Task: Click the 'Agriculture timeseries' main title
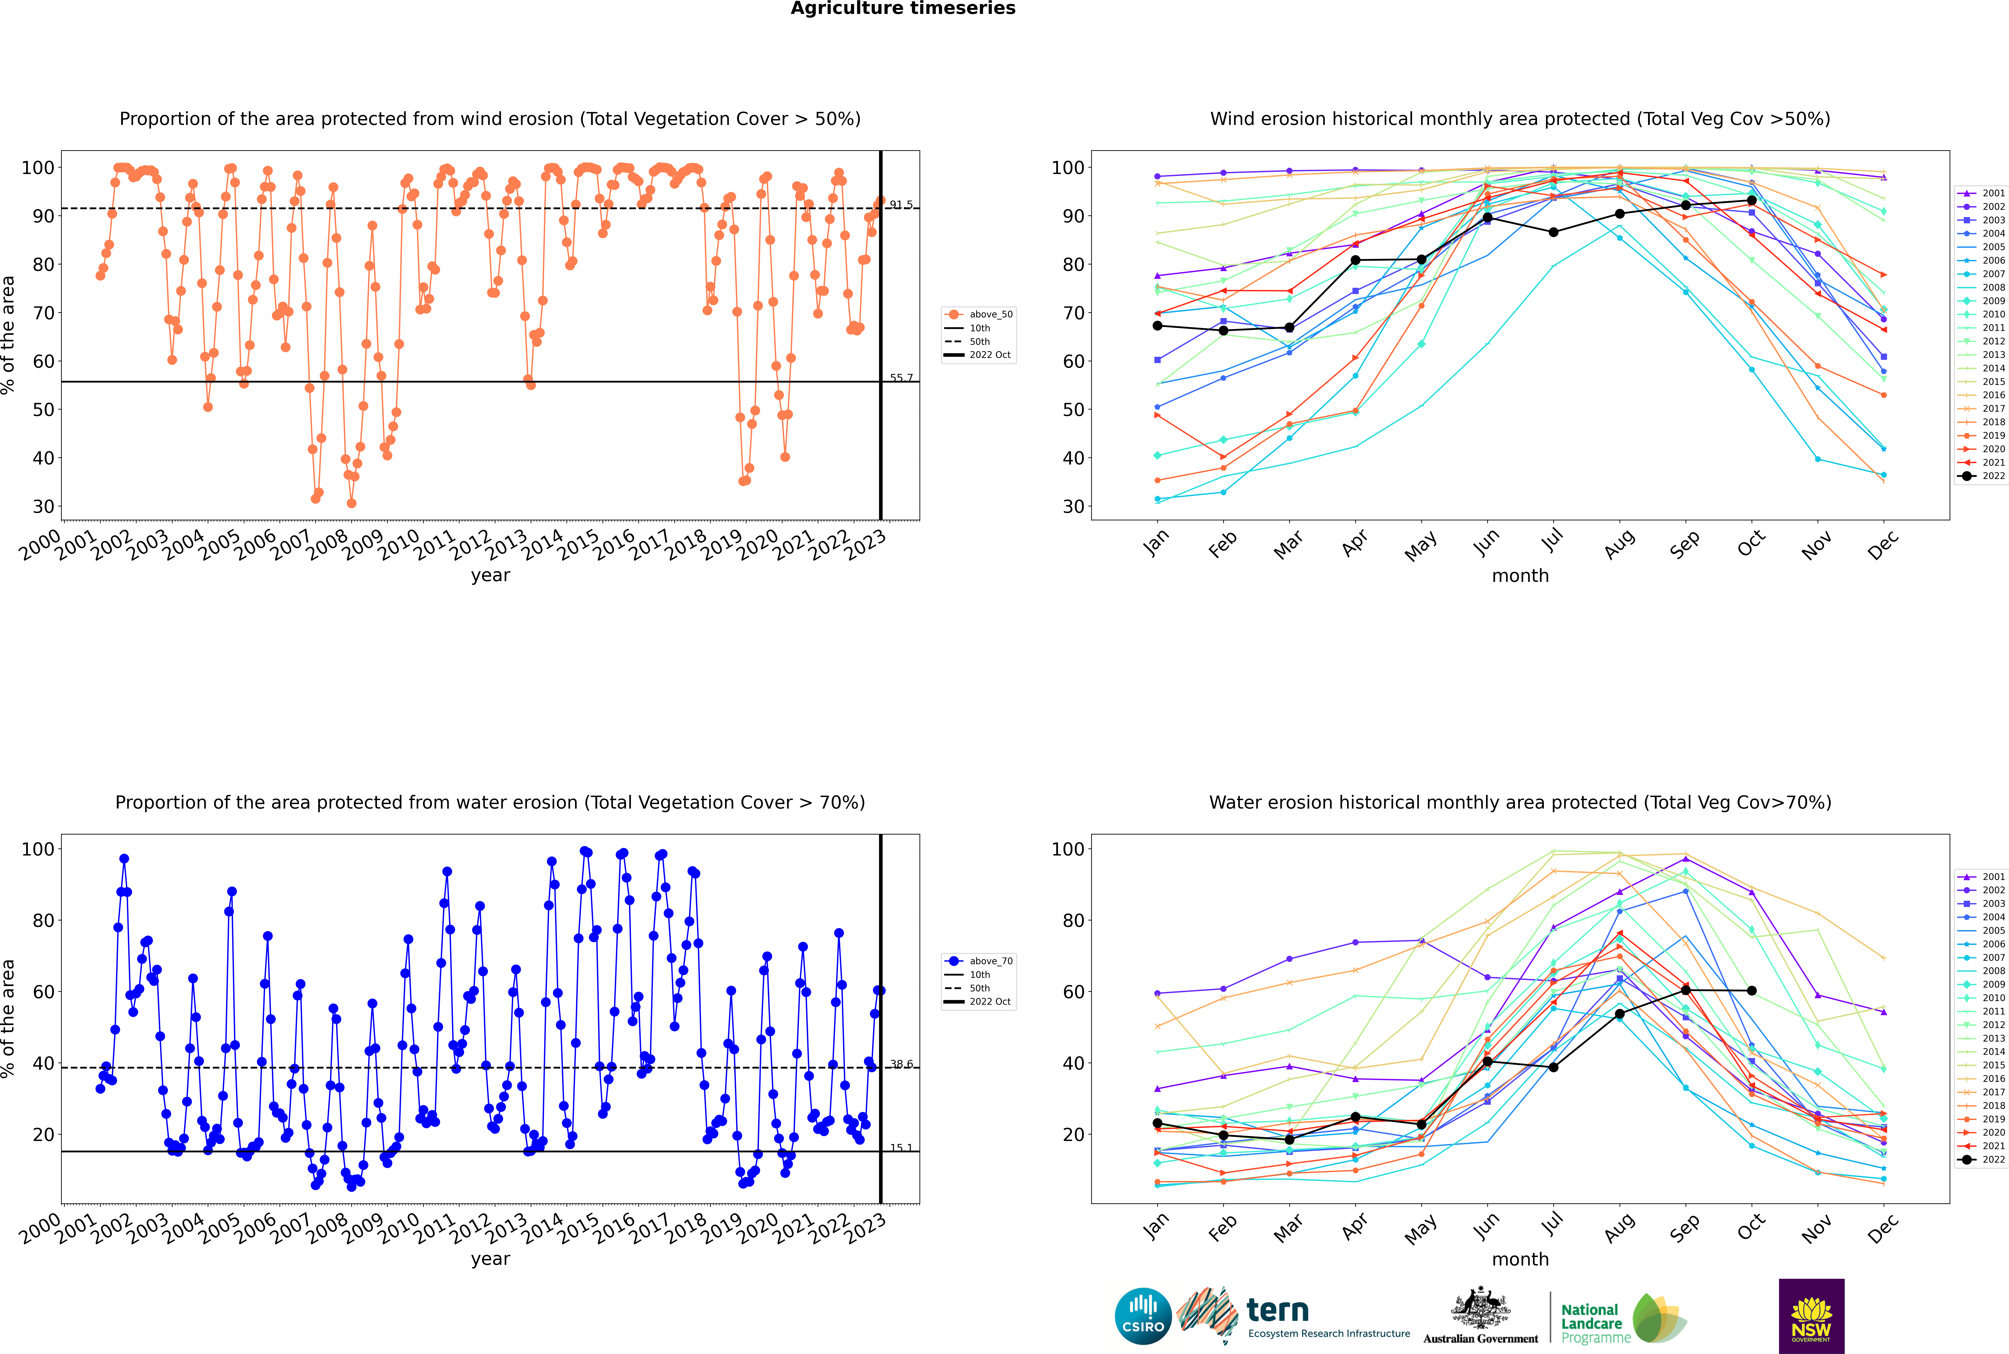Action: point(903,9)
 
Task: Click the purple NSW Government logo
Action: point(1811,1316)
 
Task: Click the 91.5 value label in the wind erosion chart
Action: point(901,205)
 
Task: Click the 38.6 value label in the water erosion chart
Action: point(901,1064)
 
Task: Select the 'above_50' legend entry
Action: point(979,314)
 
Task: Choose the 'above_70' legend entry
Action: point(979,961)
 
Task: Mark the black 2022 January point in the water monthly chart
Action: point(1157,1123)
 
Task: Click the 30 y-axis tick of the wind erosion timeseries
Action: point(43,507)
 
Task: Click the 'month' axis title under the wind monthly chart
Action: point(1520,576)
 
